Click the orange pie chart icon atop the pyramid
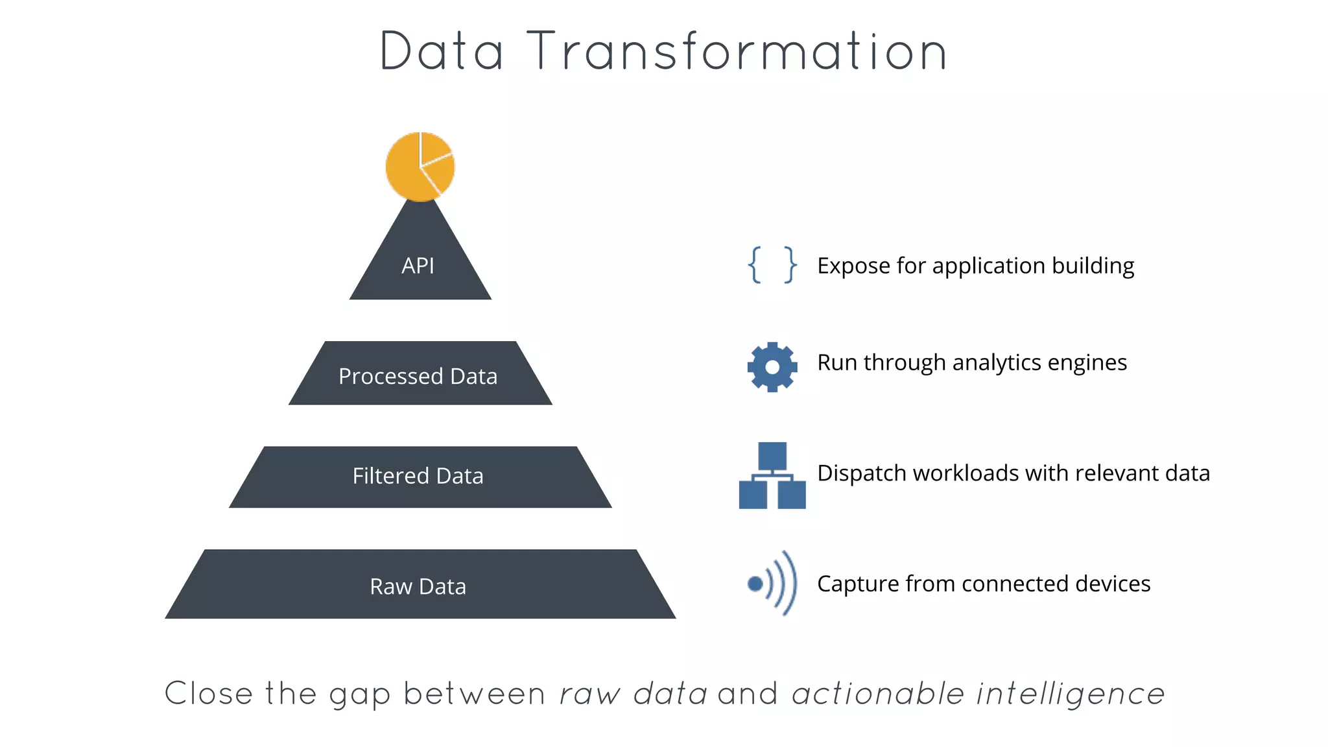[x=420, y=167]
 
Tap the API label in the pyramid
[x=418, y=266]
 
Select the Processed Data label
[x=418, y=376]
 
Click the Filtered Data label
[x=418, y=476]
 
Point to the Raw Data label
[x=418, y=586]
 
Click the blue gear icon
[x=772, y=367]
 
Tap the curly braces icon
[x=772, y=265]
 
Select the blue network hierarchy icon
[x=772, y=476]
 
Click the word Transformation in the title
[x=738, y=52]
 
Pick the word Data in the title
[x=441, y=52]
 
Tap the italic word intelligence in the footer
[x=1071, y=694]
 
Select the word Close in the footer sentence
[x=208, y=694]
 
